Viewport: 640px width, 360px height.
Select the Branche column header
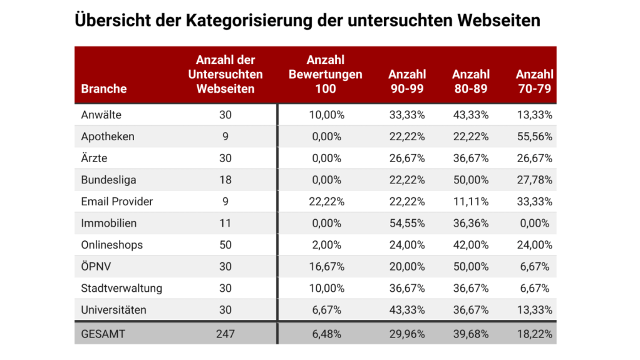click(104, 89)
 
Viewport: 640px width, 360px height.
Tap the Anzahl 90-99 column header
click(406, 82)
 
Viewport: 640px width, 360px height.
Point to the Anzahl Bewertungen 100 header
click(326, 75)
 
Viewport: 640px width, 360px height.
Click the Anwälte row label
click(101, 115)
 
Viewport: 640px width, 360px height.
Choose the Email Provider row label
click(117, 202)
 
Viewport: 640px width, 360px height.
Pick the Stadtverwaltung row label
click(121, 288)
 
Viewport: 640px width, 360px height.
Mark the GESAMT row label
click(103, 334)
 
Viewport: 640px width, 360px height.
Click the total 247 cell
click(225, 334)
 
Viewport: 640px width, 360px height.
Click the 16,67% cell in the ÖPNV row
click(326, 267)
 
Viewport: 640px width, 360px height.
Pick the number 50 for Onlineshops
click(225, 245)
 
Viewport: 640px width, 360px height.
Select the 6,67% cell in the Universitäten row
click(326, 310)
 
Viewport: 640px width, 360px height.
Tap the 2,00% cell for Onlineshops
click(326, 245)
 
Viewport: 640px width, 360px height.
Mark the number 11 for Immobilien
click(225, 223)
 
